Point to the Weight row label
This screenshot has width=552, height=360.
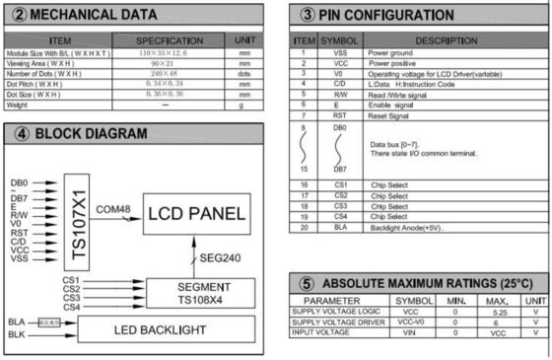(17, 105)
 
